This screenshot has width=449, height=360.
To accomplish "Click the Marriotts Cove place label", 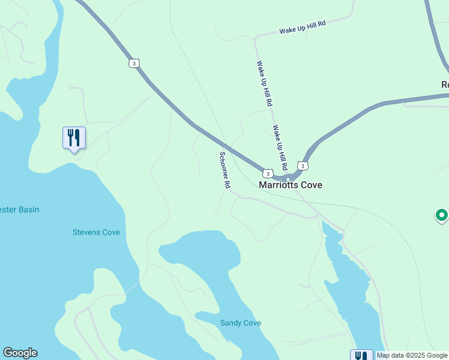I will click(290, 185).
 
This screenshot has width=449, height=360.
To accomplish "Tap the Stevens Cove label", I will click(96, 232).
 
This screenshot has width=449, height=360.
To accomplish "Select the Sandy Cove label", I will click(240, 323).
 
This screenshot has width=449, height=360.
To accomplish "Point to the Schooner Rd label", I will click(224, 171).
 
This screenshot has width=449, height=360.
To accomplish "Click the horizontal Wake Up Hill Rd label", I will click(302, 28).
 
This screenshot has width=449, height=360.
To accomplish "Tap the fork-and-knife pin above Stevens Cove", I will click(74, 138).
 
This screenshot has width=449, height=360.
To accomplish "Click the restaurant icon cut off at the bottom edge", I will click(361, 355).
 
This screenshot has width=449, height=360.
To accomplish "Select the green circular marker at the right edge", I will click(442, 215).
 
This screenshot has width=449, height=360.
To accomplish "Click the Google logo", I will click(20, 353).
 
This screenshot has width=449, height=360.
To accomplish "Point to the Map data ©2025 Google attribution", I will click(412, 355).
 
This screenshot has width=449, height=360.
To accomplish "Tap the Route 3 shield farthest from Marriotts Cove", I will click(134, 63).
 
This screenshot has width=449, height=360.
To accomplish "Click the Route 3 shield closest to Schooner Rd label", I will click(268, 173).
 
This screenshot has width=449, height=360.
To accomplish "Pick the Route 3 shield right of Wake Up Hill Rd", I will click(303, 166).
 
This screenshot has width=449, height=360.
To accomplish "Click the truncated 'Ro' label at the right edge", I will click(445, 85).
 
